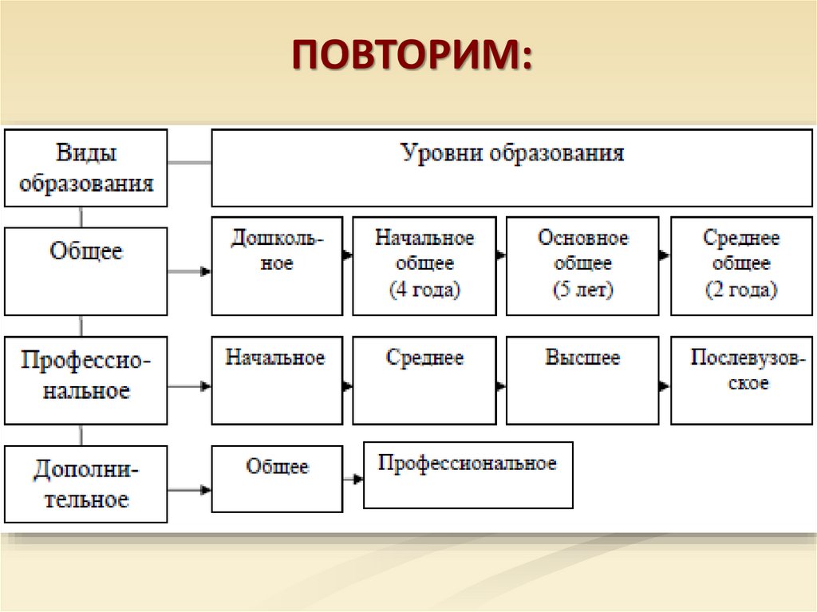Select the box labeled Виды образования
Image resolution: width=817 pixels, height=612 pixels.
(86, 168)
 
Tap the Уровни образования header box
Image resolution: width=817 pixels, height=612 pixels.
(511, 168)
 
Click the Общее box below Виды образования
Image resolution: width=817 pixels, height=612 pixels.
(86, 270)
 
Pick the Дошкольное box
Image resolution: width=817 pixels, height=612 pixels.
(277, 265)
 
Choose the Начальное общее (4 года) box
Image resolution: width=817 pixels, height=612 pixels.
(424, 265)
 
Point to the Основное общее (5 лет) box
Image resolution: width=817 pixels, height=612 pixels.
(582, 265)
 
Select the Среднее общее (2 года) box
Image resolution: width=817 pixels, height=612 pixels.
(741, 265)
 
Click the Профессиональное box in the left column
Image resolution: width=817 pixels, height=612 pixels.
(86, 380)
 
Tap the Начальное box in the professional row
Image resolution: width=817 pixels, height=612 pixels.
(277, 380)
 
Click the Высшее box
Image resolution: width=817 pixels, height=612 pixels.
(582, 380)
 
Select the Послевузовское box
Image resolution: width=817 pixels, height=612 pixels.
(741, 380)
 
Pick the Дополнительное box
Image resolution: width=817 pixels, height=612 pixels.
(86, 484)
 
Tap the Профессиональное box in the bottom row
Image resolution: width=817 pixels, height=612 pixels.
(468, 475)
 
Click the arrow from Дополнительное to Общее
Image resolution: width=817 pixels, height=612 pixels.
(190, 488)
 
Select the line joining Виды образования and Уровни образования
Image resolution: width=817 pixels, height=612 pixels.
(189, 164)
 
